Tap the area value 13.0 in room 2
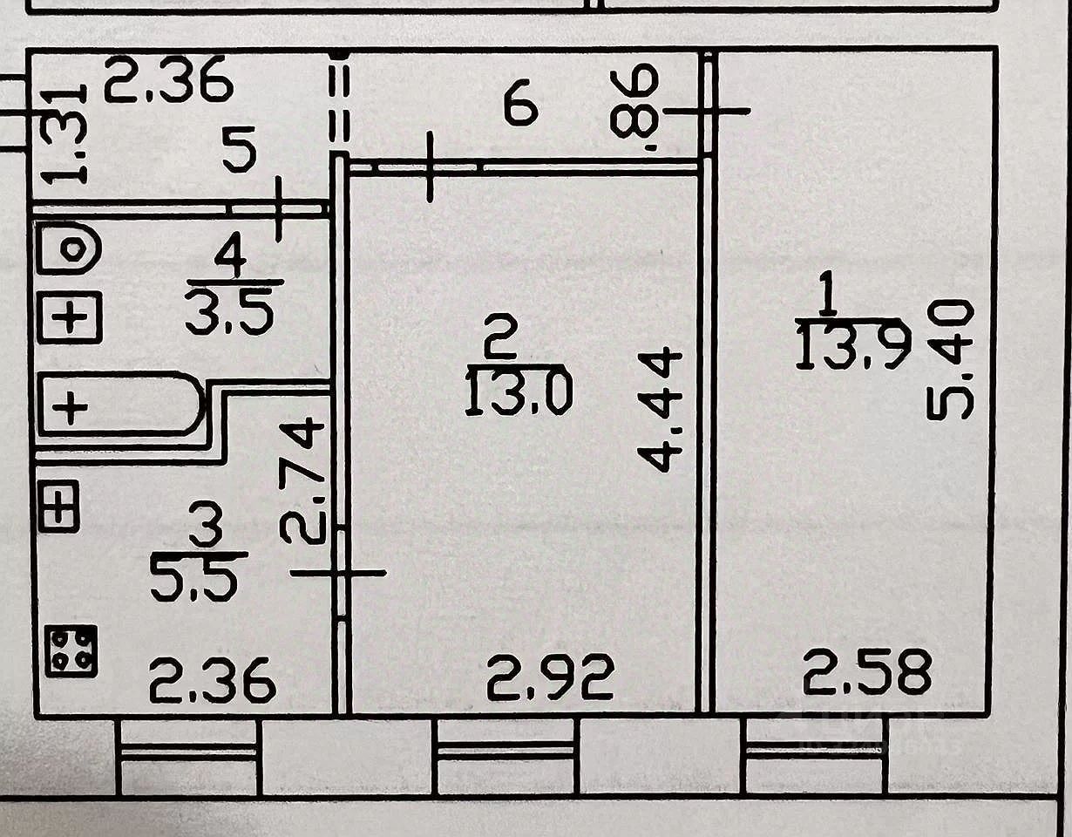[x=519, y=392]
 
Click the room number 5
[x=239, y=153]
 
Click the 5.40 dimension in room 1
[x=949, y=359]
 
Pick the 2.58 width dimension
[x=867, y=671]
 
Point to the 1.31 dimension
[x=64, y=133]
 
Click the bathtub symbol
[x=119, y=406]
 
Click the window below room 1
[x=814, y=755]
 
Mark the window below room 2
[x=505, y=755]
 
